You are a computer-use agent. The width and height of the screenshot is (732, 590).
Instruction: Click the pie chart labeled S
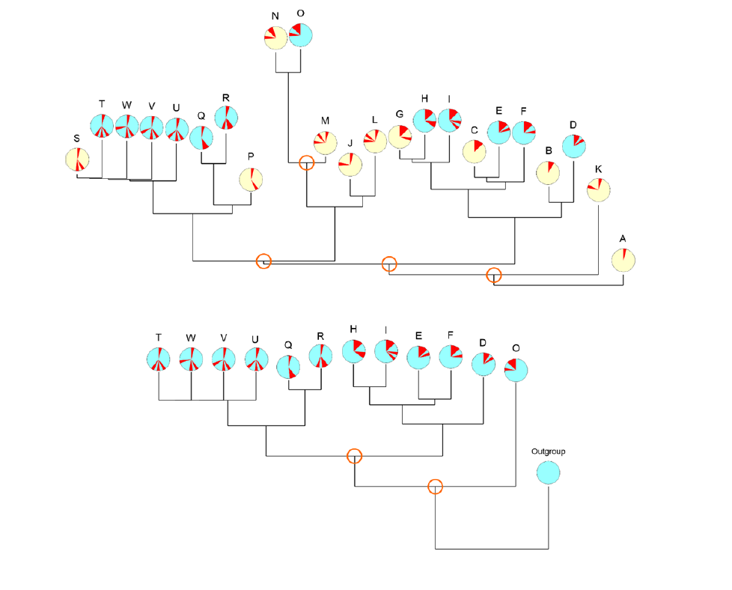click(77, 159)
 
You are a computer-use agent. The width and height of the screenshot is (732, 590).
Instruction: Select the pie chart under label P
click(251, 180)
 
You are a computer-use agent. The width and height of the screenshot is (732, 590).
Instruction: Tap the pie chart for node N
click(275, 37)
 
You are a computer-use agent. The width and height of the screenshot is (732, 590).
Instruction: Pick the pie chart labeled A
click(623, 261)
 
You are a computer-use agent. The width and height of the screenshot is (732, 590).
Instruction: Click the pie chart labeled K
click(599, 190)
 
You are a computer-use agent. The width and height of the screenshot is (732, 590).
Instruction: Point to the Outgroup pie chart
click(548, 472)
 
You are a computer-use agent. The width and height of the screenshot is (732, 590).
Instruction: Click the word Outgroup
click(548, 451)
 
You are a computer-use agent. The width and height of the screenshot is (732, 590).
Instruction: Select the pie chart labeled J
click(350, 165)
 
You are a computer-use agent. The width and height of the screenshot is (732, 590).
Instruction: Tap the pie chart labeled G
click(400, 137)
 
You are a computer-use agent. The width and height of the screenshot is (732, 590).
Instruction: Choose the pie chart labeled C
click(474, 151)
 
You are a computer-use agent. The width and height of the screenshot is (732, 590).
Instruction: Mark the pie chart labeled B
click(549, 173)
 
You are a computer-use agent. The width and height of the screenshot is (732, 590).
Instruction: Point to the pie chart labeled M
click(325, 142)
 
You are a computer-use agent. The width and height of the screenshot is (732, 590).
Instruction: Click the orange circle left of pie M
click(306, 162)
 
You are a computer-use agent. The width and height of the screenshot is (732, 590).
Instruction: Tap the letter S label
click(76, 139)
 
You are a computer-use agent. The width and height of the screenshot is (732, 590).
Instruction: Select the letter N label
click(275, 16)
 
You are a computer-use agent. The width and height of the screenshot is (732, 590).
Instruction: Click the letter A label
click(623, 239)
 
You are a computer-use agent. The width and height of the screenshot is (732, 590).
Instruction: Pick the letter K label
click(599, 169)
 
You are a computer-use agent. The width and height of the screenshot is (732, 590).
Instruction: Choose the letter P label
click(251, 156)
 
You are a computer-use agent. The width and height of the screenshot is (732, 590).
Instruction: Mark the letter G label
click(400, 115)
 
